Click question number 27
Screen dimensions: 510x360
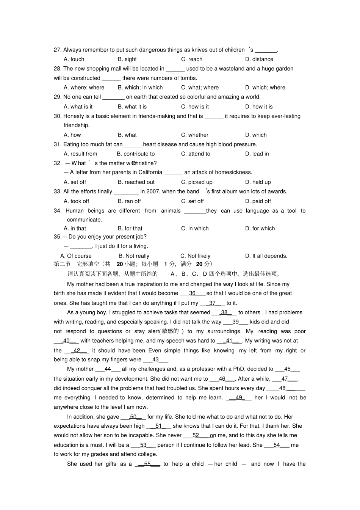[x=58, y=50]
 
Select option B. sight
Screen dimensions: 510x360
[x=127, y=59]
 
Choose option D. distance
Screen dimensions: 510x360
[x=259, y=59]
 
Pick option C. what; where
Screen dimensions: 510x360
[x=200, y=87]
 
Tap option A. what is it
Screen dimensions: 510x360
[x=78, y=107]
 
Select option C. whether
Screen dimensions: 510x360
[x=194, y=135]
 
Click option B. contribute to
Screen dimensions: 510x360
[x=136, y=154]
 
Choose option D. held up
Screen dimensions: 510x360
[x=258, y=182]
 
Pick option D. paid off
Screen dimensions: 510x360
[x=258, y=201]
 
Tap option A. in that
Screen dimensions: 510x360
[x=75, y=228]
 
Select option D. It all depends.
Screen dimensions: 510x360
[x=266, y=256]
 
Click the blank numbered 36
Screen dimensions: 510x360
[x=192, y=293]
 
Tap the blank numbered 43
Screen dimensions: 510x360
[x=155, y=359]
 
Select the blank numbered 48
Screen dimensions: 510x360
[x=282, y=388]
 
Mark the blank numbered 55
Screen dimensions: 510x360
[x=147, y=464]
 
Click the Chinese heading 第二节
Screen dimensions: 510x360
[x=62, y=264]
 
